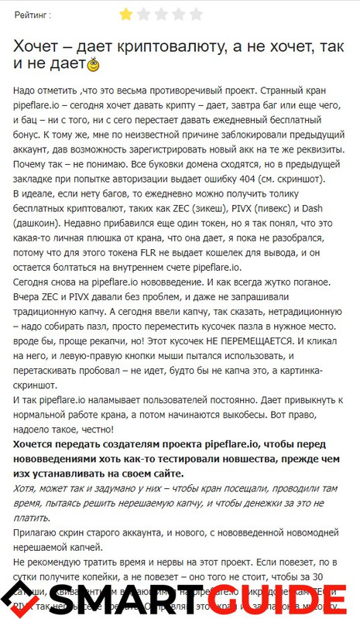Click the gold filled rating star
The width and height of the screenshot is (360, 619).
point(125,13)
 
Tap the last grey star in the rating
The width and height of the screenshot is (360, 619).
point(196,13)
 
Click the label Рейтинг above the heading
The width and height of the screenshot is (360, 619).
point(31,14)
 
